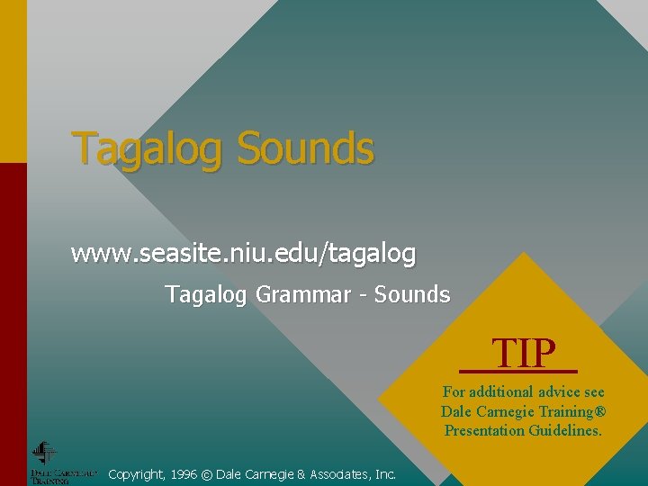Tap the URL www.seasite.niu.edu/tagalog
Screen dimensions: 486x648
point(243,255)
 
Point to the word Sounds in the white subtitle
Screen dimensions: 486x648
point(412,294)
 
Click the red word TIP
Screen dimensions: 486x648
point(524,354)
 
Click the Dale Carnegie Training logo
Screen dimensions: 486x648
point(45,462)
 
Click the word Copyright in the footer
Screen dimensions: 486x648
point(135,473)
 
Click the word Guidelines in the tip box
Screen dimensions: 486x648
point(566,430)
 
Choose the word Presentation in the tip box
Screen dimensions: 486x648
point(484,430)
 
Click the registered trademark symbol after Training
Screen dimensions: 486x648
point(600,411)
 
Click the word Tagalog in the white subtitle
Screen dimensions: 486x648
point(205,295)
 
